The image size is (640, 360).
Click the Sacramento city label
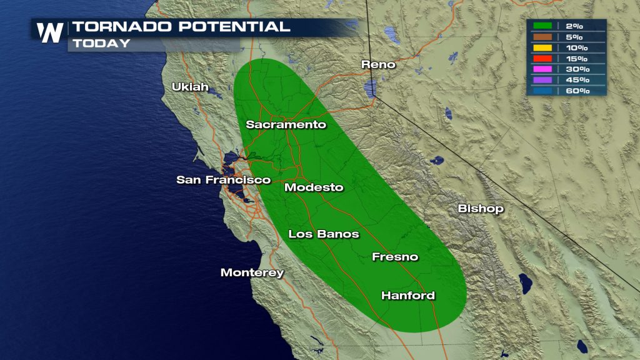[x=286, y=124]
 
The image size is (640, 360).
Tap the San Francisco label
[x=223, y=180]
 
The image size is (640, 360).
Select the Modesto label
[x=314, y=187]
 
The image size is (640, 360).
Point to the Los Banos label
[x=323, y=234]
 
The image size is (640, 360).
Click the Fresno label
[x=394, y=257]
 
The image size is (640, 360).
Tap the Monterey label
[x=252, y=273]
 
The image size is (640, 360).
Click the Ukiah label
[x=190, y=87]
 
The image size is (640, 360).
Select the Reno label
[x=379, y=64]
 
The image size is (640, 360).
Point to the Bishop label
[x=480, y=209]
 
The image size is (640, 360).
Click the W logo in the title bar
[x=49, y=32]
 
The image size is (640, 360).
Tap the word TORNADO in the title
[x=115, y=27]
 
